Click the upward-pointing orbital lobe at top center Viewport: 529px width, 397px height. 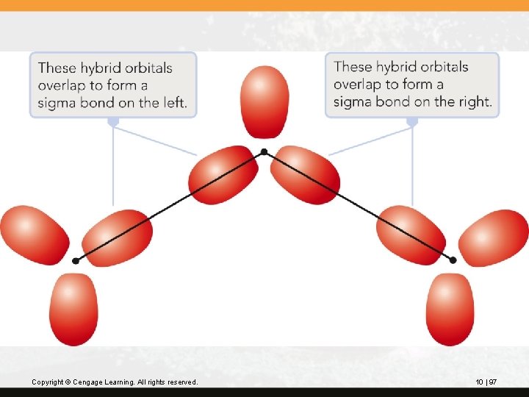click(x=264, y=101)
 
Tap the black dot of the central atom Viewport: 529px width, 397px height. click(x=264, y=152)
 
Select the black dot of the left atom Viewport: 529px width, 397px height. click(x=76, y=261)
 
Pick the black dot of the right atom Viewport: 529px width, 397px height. click(x=453, y=260)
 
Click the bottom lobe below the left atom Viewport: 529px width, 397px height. click(x=73, y=309)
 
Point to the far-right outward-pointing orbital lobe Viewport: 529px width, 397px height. click(x=494, y=237)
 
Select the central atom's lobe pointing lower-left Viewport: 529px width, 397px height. click(x=223, y=175)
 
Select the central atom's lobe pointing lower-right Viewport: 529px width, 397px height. click(x=305, y=175)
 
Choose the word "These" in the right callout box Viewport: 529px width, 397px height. click(x=353, y=67)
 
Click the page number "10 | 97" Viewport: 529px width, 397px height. click(x=486, y=382)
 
